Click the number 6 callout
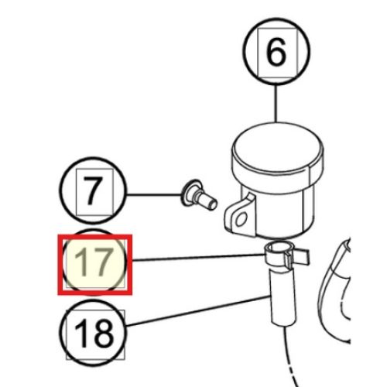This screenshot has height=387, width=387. point(276,51)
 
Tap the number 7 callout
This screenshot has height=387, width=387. point(94,190)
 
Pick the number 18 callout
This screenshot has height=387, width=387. point(94,333)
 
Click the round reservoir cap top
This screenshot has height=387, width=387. point(278,148)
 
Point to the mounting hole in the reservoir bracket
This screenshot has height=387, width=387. point(241,220)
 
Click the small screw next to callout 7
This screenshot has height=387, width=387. point(199,196)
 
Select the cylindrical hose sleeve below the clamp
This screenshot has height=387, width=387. point(283,296)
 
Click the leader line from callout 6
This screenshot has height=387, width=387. point(276,103)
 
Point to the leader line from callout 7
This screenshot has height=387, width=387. point(154,194)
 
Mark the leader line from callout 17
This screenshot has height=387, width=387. point(198,257)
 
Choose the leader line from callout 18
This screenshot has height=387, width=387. point(198,311)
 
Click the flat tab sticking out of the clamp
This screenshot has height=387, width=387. point(300,257)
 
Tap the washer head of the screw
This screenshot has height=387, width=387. point(189,193)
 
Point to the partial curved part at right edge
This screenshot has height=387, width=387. point(334,289)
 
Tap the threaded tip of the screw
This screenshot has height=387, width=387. point(210,204)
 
